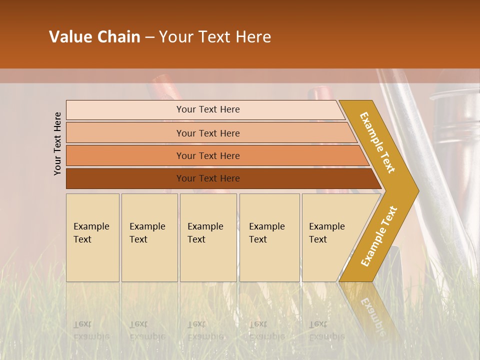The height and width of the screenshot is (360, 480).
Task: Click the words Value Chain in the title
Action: [94, 37]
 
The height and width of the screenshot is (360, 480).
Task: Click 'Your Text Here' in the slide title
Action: [215, 37]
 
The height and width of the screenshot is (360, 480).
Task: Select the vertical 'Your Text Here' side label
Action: [57, 143]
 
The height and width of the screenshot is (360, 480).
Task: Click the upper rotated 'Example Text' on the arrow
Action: [377, 142]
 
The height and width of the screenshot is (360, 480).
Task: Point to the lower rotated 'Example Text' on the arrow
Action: [378, 236]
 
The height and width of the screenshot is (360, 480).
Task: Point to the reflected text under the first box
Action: [91, 330]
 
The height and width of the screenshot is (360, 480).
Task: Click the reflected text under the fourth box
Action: [267, 330]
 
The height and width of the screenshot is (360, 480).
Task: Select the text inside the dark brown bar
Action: [208, 178]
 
